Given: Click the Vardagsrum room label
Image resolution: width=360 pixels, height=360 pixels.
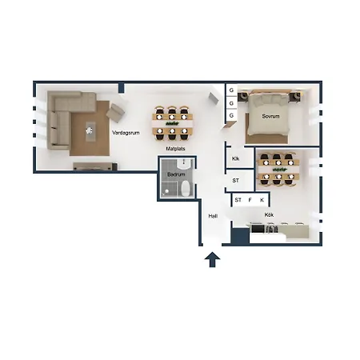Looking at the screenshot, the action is pyautogui.click(x=126, y=133).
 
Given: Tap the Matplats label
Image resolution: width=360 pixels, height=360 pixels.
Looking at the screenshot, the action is pyautogui.click(x=175, y=149).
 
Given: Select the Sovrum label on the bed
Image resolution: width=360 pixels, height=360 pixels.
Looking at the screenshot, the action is pyautogui.click(x=270, y=116).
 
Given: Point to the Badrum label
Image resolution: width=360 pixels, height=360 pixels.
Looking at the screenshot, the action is pyautogui.click(x=176, y=174).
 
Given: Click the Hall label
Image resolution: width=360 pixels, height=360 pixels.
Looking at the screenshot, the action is pyautogui.click(x=213, y=216).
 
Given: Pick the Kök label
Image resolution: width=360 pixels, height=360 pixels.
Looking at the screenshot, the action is pyautogui.click(x=269, y=214).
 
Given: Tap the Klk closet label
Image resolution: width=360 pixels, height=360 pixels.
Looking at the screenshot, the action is pyautogui.click(x=235, y=158).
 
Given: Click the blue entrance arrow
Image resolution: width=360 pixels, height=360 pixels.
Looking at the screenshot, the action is pyautogui.click(x=212, y=259).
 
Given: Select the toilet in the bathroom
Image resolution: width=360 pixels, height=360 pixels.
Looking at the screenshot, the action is pyautogui.click(x=186, y=188).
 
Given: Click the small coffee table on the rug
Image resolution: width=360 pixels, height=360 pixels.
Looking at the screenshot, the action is pyautogui.click(x=90, y=132).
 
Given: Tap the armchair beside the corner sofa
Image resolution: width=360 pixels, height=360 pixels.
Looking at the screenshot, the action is pyautogui.click(x=115, y=113).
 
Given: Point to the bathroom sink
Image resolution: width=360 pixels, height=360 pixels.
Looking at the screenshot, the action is pyautogui.click(x=184, y=164).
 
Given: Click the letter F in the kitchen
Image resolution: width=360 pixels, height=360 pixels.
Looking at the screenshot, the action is pyautogui.click(x=250, y=200).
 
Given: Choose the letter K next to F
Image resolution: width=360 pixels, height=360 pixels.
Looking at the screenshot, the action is pyautogui.click(x=262, y=200).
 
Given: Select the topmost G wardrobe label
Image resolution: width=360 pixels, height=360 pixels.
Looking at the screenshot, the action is pyautogui.click(x=231, y=90).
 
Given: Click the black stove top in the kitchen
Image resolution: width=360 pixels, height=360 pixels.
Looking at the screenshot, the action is pyautogui.click(x=258, y=229).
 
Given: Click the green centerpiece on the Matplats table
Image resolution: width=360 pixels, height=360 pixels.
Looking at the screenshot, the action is pyautogui.click(x=172, y=123).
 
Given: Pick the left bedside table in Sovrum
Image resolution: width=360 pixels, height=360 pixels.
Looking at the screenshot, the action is pyautogui.click(x=243, y=97).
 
